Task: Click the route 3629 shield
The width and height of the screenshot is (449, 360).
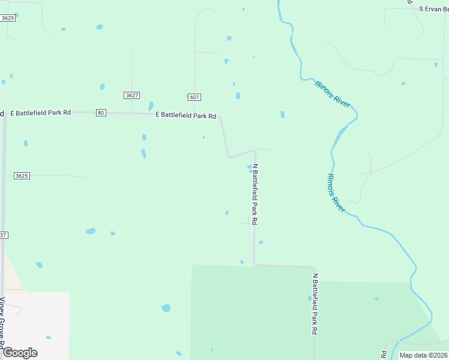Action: coord(8,19)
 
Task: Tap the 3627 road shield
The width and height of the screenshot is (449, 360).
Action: coord(132,95)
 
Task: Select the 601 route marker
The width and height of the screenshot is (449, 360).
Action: coord(194,97)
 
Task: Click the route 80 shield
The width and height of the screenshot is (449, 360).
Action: coord(100,113)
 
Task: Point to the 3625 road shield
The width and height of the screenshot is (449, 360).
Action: coord(22,176)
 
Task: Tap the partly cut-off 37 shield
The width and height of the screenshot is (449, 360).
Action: coord(3,235)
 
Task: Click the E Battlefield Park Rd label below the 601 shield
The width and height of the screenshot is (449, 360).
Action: coord(185,115)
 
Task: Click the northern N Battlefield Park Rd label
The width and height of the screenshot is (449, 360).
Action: coord(255,194)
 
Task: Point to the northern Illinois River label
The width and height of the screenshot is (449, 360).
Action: coord(332,94)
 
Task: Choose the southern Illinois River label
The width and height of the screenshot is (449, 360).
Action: coord(336,192)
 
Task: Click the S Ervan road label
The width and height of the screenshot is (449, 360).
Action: coord(433,9)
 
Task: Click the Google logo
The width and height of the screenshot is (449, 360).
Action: coord(20,353)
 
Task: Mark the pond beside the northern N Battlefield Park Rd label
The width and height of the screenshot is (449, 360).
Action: coord(250,167)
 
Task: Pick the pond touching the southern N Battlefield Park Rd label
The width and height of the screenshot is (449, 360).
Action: coord(310,298)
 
